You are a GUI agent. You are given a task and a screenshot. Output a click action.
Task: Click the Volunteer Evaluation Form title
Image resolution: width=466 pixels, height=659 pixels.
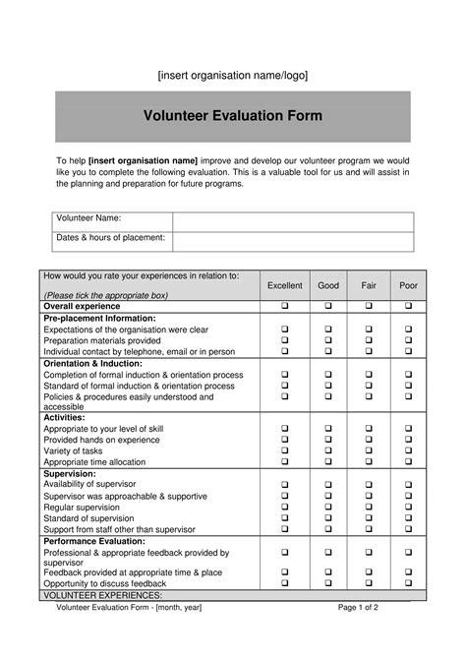(233, 116)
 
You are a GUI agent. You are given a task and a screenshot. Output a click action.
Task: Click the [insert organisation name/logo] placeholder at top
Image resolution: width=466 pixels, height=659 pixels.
(233, 76)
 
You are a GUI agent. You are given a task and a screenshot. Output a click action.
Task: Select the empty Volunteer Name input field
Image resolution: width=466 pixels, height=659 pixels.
(293, 221)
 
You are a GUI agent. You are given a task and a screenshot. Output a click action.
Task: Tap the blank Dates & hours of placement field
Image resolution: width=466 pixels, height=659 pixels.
(293, 241)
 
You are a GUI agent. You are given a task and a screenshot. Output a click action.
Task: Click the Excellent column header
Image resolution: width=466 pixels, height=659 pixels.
(285, 285)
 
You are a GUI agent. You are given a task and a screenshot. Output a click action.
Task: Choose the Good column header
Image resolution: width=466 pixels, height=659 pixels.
(328, 285)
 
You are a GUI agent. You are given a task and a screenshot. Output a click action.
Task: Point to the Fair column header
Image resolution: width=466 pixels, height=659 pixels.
(369, 285)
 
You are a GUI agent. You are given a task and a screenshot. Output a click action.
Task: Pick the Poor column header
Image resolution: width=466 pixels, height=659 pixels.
(408, 285)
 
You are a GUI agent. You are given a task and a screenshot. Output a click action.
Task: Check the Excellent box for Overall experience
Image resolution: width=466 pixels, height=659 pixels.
(285, 307)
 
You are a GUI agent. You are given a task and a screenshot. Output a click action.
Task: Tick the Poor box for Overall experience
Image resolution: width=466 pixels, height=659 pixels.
(408, 307)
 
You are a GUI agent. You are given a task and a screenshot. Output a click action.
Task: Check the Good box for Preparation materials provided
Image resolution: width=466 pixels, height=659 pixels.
(328, 340)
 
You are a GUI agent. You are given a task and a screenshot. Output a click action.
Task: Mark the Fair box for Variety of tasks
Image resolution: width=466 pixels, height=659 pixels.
(369, 451)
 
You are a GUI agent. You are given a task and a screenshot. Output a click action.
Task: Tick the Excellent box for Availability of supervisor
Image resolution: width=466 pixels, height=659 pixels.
(285, 485)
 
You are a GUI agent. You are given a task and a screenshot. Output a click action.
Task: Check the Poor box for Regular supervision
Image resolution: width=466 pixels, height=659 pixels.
(408, 508)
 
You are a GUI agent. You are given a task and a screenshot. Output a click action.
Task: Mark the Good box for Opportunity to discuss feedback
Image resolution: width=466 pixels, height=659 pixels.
(328, 583)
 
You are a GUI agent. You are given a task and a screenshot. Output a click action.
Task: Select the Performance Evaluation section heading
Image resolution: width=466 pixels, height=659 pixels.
(94, 541)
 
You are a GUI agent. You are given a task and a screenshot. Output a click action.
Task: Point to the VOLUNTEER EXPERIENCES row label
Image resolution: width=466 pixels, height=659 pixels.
(103, 596)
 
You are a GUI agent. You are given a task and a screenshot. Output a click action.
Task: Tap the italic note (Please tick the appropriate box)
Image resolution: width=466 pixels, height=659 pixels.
(106, 295)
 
